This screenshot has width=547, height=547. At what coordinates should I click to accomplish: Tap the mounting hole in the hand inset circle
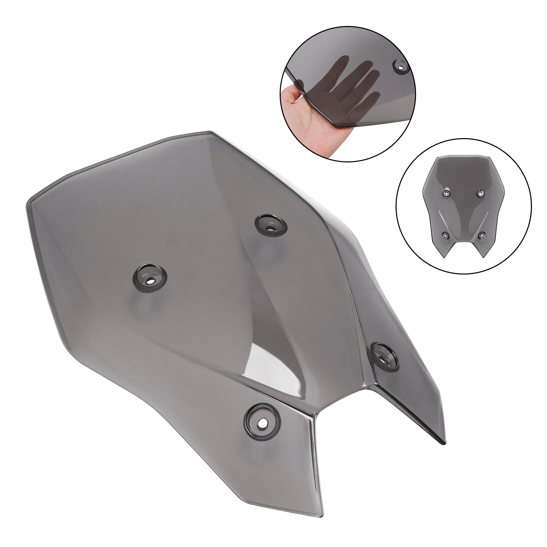click(401, 66)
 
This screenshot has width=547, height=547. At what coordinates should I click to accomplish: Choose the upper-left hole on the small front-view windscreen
click(446, 194)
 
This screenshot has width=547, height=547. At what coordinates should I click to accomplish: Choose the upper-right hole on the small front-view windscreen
click(479, 194)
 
